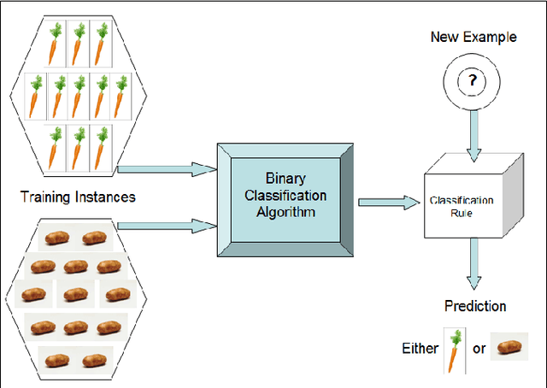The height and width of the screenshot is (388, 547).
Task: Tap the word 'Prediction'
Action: pos(475,306)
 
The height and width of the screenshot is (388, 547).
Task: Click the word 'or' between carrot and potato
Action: pos(479,349)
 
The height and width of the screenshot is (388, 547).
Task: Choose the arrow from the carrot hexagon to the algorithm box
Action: pos(167,169)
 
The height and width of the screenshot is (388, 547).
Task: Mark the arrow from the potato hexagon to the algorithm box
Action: pos(167,226)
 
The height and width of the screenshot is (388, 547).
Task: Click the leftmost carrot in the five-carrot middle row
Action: pos(36,95)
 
